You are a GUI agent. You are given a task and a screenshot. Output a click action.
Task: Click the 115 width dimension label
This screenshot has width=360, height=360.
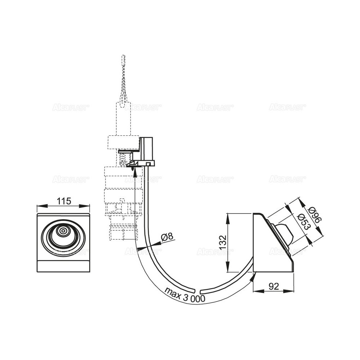64,201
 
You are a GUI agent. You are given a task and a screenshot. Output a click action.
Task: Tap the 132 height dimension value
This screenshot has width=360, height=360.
223,242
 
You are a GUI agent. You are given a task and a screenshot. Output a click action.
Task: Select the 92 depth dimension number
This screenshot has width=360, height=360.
274,286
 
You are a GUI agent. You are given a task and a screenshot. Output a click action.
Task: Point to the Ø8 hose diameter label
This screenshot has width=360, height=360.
168,237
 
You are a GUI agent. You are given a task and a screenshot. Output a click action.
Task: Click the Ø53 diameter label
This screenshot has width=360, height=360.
303,221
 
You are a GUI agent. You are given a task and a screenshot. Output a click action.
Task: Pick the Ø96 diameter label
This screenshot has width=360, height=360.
315,215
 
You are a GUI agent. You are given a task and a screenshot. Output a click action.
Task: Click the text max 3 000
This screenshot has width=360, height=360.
185,295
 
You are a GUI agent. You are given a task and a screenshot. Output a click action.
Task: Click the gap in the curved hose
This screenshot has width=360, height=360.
198,290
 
